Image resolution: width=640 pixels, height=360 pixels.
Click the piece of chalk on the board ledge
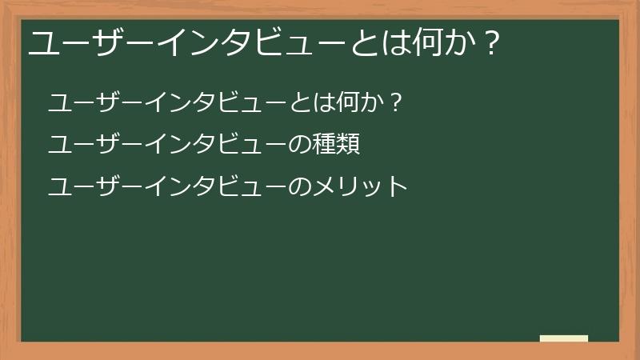tap(564, 338)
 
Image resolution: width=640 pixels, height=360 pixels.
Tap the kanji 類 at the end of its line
tap(347, 146)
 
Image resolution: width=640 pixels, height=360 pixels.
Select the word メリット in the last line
tap(359, 187)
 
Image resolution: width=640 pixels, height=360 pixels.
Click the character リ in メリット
tap(347, 187)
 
